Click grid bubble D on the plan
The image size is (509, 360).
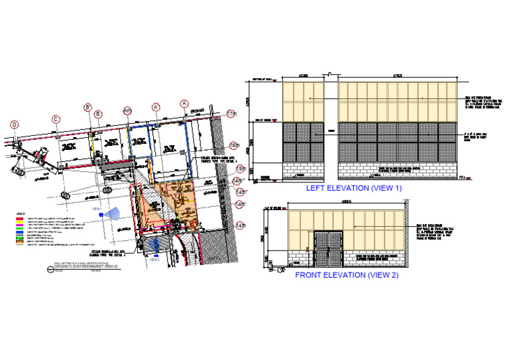(x=15, y=123)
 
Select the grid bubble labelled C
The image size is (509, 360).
(x=56, y=119)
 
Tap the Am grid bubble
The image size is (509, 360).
(x=127, y=111)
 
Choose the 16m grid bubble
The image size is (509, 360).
(x=233, y=145)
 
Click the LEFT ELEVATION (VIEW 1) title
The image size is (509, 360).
(x=353, y=188)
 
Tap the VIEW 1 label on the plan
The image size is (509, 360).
(x=97, y=208)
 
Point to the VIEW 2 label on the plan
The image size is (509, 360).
(x=154, y=259)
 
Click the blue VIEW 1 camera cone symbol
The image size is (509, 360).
(x=113, y=213)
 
